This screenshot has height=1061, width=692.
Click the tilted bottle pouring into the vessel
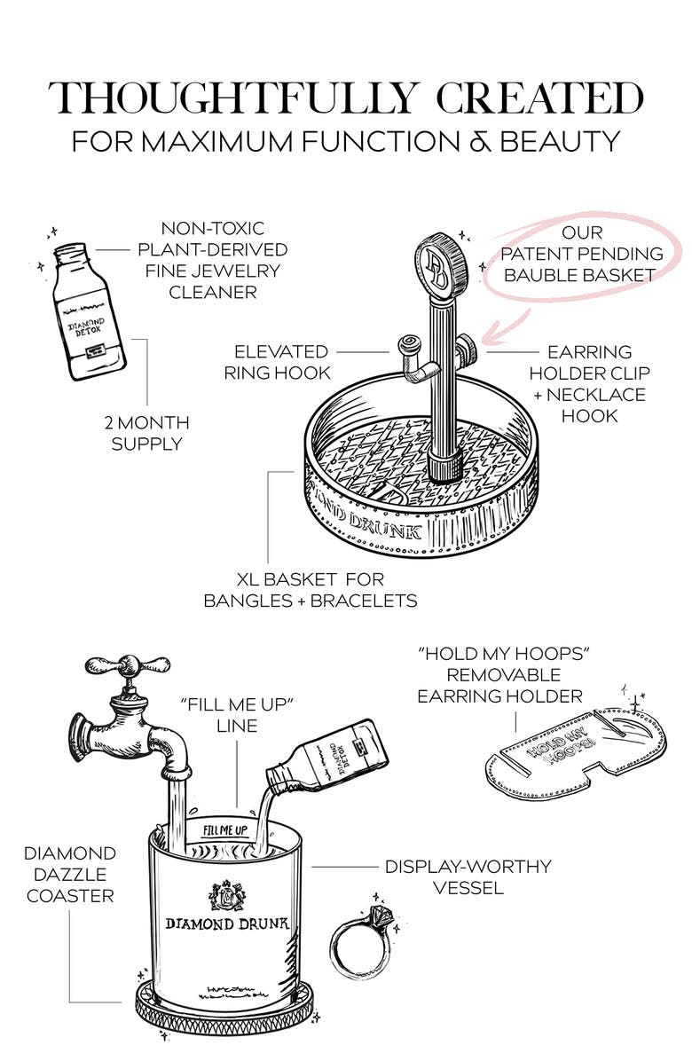328,755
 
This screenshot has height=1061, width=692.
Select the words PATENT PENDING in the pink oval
582,254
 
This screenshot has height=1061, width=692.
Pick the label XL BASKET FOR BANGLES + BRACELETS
311,590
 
